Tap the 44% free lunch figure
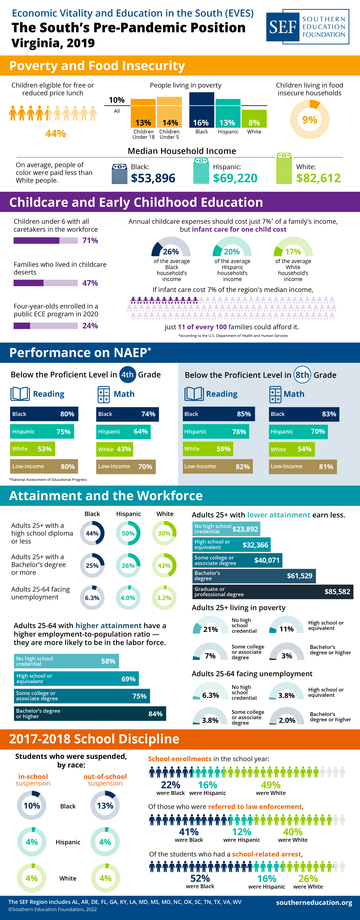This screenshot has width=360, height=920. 55,134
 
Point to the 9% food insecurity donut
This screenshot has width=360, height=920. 309,119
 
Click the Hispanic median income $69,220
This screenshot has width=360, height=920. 235,178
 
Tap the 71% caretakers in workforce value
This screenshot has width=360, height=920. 90,240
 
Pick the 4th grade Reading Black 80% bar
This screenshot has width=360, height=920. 44,414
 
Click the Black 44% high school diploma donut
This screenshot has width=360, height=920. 92,533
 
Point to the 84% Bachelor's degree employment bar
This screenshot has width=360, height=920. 90,714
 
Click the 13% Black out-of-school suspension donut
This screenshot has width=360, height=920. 105,806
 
